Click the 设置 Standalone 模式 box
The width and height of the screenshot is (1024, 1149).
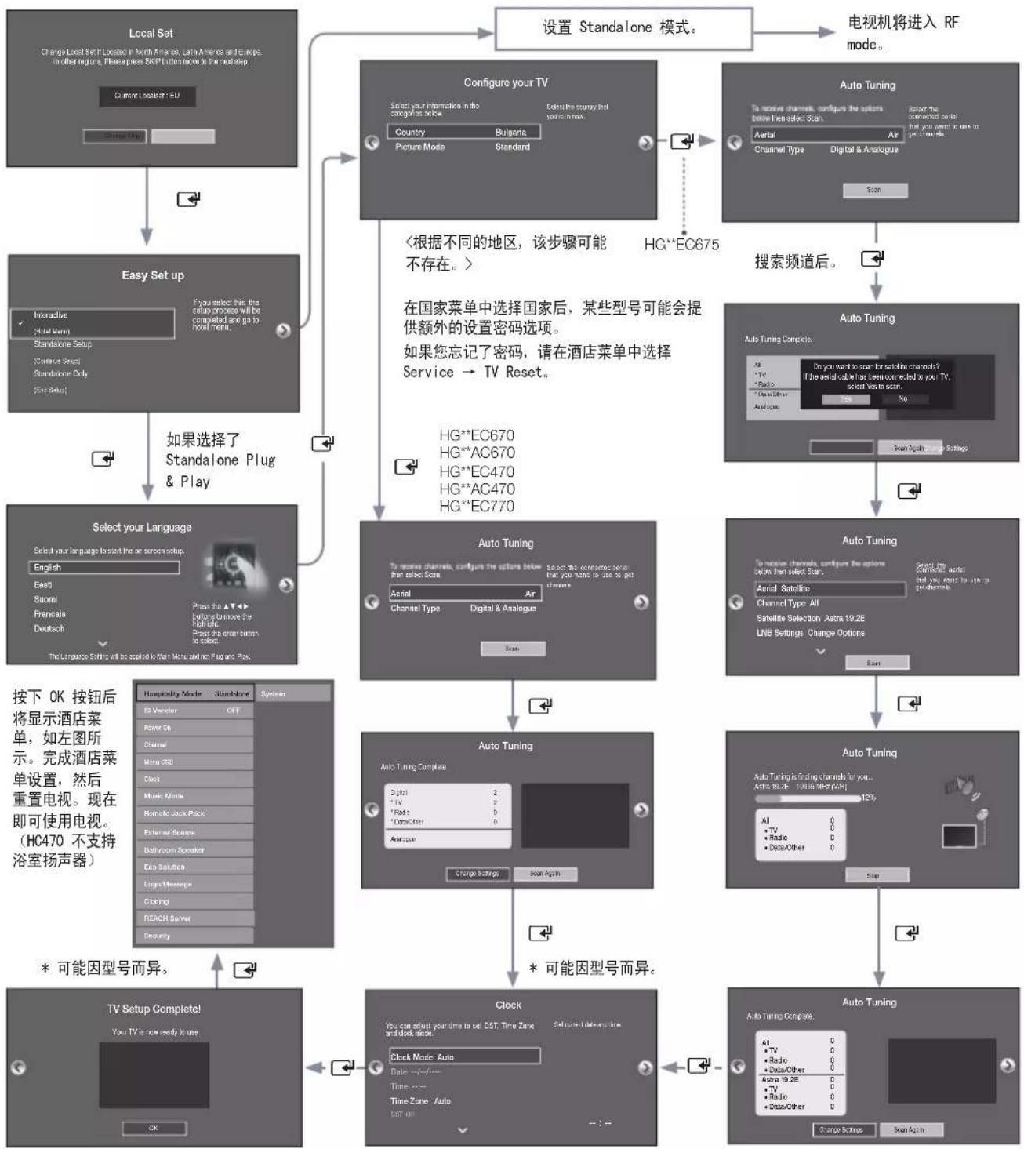pyautogui.click(x=623, y=28)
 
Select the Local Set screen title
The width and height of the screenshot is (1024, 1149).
pyautogui.click(x=151, y=33)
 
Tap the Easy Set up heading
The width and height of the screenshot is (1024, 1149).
pyautogui.click(x=153, y=275)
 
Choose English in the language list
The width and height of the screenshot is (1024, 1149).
pyautogui.click(x=105, y=567)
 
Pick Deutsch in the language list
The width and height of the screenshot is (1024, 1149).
pyautogui.click(x=49, y=628)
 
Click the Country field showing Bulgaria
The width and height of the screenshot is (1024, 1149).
pyautogui.click(x=463, y=132)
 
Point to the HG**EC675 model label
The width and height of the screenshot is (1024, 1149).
pyautogui.click(x=681, y=244)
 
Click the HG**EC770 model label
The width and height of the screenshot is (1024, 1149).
pyautogui.click(x=477, y=506)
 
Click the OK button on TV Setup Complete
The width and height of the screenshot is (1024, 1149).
pyautogui.click(x=154, y=1128)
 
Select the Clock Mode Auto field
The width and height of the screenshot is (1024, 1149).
pyautogui.click(x=464, y=1056)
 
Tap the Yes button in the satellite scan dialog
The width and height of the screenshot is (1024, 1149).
pyautogui.click(x=846, y=398)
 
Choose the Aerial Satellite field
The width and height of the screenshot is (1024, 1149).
pyautogui.click(x=830, y=588)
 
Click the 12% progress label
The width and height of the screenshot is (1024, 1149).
pyautogui.click(x=868, y=797)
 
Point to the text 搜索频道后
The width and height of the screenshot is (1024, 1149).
pyautogui.click(x=795, y=262)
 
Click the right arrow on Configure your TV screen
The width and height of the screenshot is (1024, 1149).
pyautogui.click(x=645, y=142)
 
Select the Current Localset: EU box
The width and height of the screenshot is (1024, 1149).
pyautogui.click(x=147, y=96)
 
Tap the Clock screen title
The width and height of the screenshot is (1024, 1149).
pyautogui.click(x=508, y=1005)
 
